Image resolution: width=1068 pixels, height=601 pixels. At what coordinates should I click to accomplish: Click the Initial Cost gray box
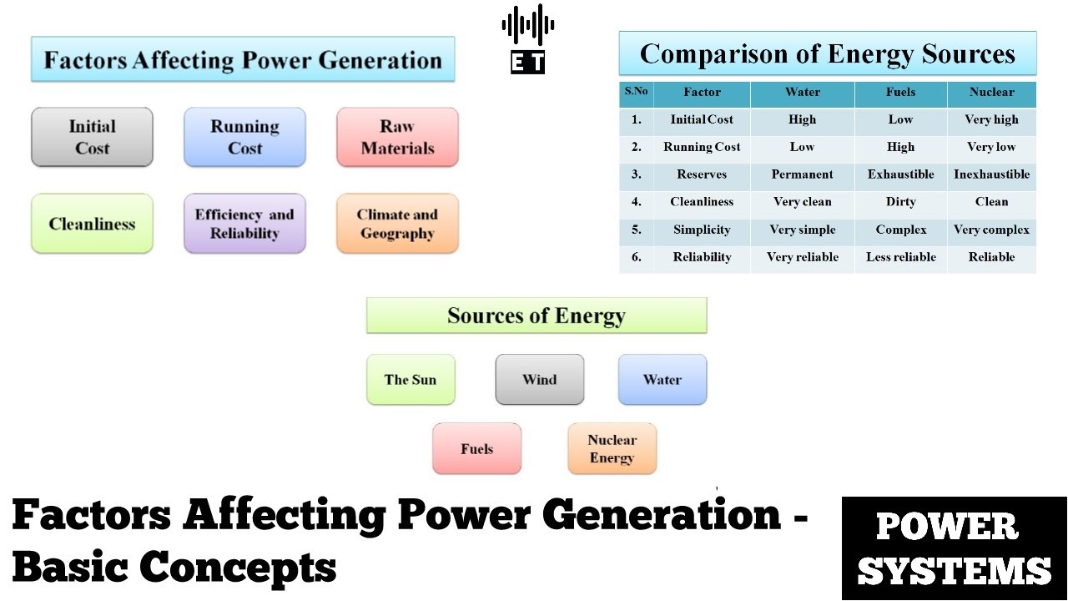(92, 137)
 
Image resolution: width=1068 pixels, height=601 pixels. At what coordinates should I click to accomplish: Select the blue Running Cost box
(244, 137)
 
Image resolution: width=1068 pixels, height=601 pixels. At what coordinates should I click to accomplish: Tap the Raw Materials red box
(397, 137)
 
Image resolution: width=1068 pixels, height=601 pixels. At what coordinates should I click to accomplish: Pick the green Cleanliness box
(92, 224)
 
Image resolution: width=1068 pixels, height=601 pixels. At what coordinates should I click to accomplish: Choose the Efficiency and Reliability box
(244, 224)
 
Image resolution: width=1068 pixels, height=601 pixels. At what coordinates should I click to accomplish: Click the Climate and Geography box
(397, 224)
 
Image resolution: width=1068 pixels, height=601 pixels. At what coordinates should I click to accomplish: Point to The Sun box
(411, 380)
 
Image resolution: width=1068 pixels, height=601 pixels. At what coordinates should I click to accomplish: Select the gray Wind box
(539, 380)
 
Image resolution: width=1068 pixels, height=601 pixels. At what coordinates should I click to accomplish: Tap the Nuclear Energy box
(612, 449)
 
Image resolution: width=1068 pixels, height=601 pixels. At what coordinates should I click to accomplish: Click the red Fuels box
(476, 449)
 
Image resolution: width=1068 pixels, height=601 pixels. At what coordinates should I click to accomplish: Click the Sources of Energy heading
(536, 316)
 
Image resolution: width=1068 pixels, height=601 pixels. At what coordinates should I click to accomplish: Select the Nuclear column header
(991, 93)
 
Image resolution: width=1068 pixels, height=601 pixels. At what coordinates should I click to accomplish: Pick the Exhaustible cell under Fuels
(900, 174)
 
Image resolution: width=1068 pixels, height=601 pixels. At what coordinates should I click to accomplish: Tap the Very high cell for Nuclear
(991, 119)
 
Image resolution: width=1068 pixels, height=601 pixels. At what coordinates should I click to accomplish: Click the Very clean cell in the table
(802, 202)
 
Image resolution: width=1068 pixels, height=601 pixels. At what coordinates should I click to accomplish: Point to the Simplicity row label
(702, 230)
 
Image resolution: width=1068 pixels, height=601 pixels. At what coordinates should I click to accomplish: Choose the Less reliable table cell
(900, 257)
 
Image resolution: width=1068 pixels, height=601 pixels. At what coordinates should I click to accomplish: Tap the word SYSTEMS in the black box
(954, 570)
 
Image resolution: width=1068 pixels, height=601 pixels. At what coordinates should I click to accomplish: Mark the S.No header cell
(636, 92)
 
